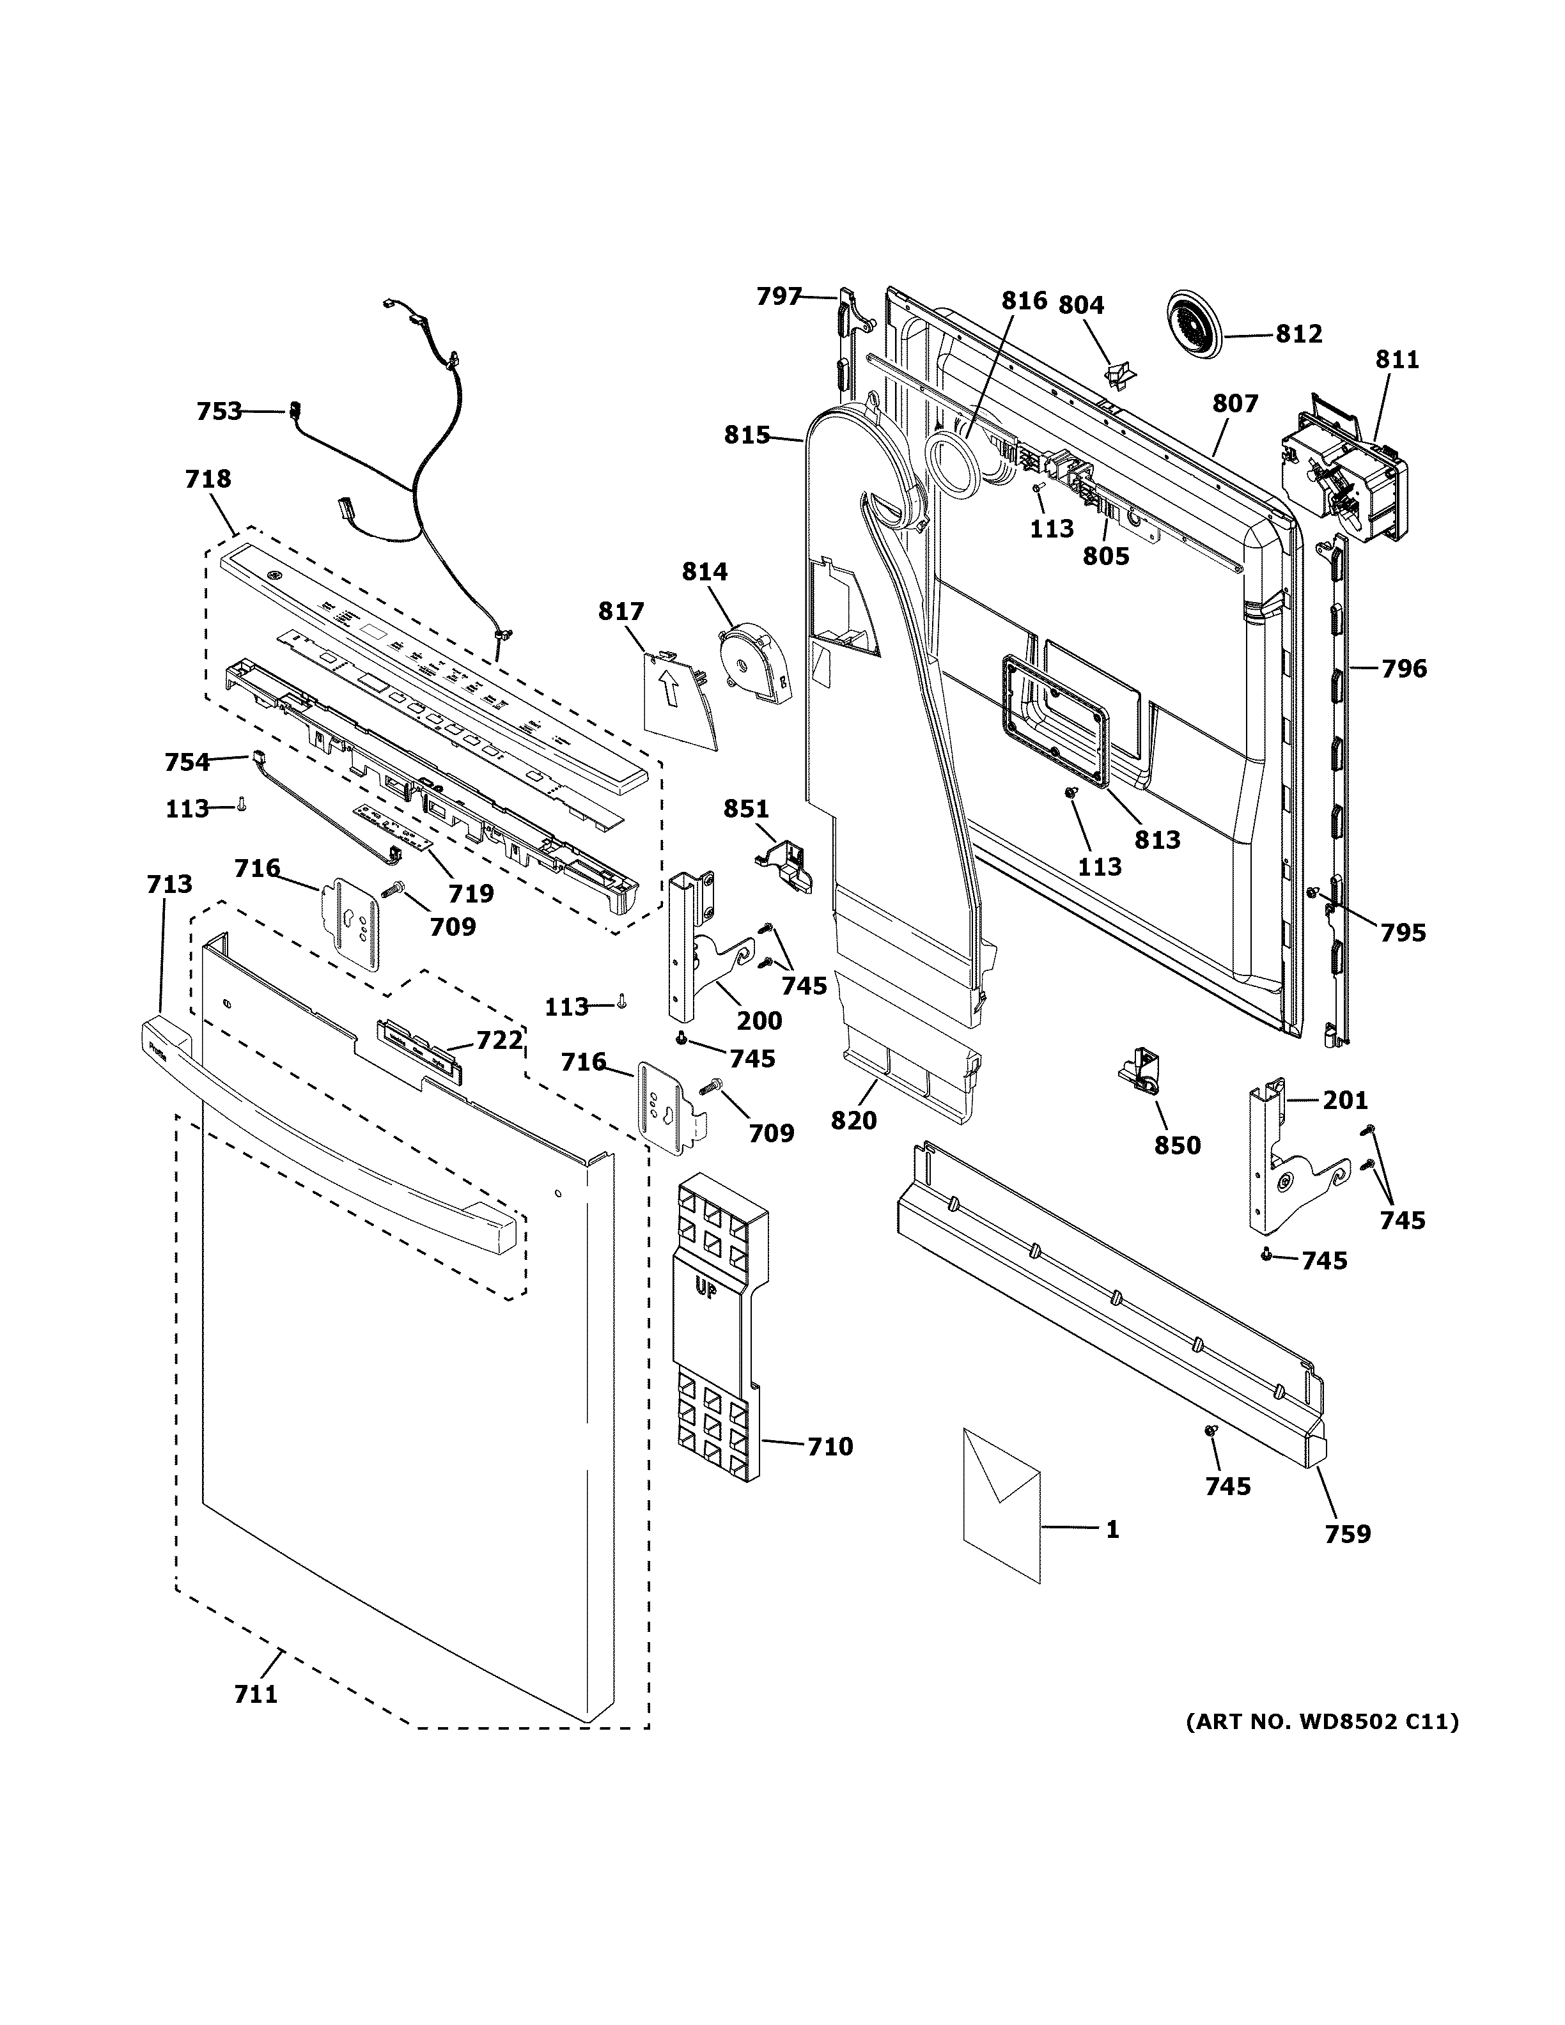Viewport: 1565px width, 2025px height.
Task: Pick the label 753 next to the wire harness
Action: [x=219, y=411]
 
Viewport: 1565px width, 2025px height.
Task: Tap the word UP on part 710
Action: [x=706, y=1288]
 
